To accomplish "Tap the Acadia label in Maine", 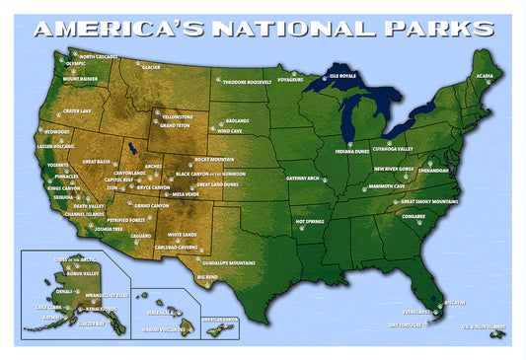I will point(485,76).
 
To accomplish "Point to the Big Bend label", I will point(207,277).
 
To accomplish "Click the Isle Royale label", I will point(341,75).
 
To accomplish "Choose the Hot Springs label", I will point(310,222).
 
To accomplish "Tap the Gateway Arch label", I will point(303,179).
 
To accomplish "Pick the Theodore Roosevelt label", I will point(247,83).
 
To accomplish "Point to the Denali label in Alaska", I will point(64,292).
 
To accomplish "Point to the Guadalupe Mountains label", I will point(229,263).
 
